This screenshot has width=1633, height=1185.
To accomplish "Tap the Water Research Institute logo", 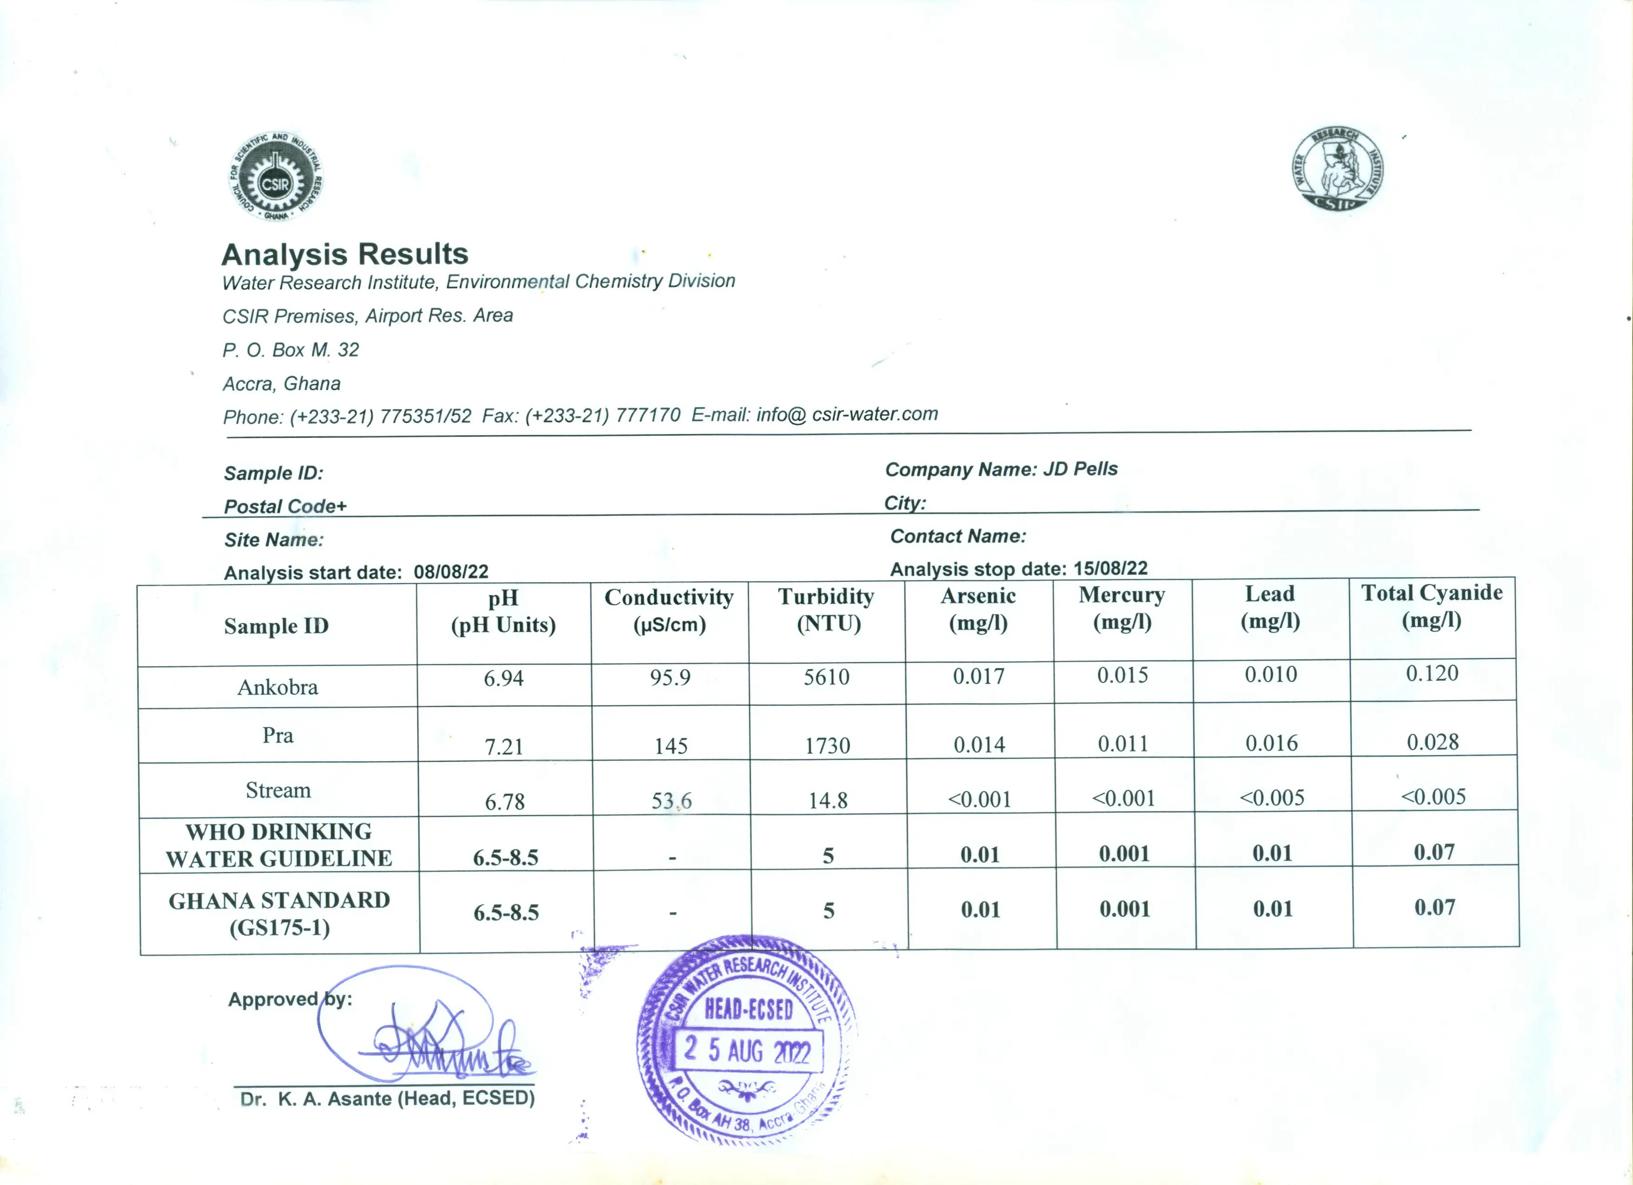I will click(1337, 171).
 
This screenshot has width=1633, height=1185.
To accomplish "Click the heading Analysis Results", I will click(345, 254).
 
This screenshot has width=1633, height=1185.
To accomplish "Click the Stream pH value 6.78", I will click(505, 801).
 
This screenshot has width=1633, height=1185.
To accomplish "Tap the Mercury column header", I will click(1122, 608).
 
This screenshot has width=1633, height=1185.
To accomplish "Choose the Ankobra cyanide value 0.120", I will click(1432, 673).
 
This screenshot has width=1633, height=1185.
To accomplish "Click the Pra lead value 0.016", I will click(1271, 743).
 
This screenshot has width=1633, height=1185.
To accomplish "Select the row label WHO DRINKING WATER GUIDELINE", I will click(278, 844).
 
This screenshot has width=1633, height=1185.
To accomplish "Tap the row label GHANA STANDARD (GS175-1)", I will click(279, 913).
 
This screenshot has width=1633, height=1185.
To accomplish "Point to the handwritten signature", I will click(446, 1047).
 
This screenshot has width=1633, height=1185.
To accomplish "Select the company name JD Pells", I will click(1080, 469).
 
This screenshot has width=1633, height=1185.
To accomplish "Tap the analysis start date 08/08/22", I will click(451, 572).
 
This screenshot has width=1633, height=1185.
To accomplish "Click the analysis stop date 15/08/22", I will click(1110, 568).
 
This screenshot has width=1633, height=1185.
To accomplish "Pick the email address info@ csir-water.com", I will click(847, 414).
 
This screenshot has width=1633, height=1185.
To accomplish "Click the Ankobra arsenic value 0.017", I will click(978, 676).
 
